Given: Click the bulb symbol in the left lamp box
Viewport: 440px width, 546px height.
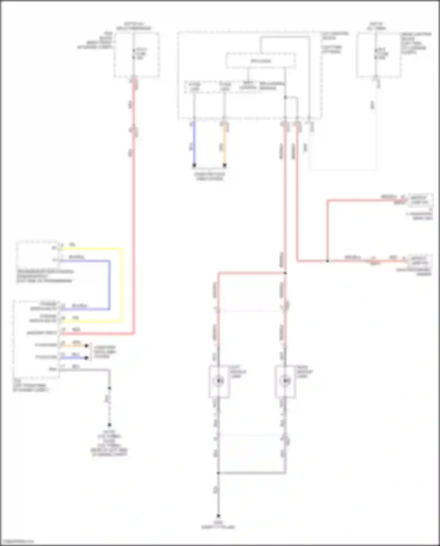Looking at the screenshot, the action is pos(219,381).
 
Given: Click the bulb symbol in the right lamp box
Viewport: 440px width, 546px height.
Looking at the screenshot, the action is pos(285,381).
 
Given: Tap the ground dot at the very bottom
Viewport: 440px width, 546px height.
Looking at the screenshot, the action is pos(218,516).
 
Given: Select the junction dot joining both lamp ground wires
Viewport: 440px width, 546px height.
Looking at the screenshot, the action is pos(218,473).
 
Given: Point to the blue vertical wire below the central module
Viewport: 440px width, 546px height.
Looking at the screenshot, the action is pos(194,144).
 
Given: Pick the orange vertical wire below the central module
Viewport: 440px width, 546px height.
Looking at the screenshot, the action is pos(224,144).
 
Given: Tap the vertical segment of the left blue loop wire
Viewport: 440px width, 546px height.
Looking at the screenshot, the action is pos(109,285).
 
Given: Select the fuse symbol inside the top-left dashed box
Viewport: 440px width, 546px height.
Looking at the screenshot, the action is pos(134,54).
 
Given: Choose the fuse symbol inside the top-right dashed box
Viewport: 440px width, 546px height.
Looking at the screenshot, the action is pos(376,54).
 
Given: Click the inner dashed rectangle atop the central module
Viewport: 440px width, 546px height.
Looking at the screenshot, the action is pos(260,61).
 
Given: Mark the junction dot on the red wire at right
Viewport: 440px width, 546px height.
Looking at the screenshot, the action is pos(327,261).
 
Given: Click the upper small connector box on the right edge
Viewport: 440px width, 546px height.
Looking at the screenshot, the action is pos(421,200).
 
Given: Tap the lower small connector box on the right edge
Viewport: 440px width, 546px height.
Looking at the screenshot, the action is pos(421,260).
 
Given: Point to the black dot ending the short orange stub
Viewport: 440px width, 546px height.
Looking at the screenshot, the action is pos(86,346).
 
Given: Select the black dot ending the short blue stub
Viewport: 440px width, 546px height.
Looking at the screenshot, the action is pos(86,358).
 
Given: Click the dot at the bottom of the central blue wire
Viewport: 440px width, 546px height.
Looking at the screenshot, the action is pos(194,165).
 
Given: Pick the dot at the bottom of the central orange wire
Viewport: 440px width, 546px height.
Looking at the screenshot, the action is pos(224,165).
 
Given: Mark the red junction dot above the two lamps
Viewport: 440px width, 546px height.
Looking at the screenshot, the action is pos(285,273).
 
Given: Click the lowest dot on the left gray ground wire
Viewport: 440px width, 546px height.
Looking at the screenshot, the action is pos(109,425).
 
